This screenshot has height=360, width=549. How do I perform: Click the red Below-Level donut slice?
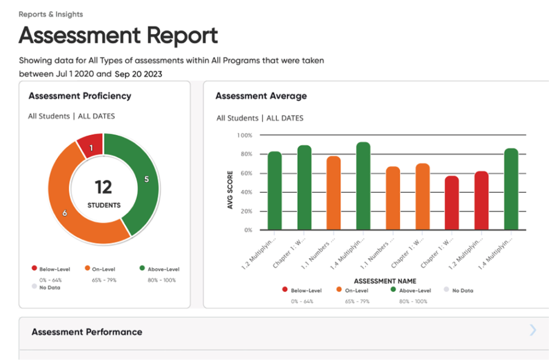click(x=91, y=146)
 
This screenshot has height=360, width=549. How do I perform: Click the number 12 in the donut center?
click(x=104, y=187)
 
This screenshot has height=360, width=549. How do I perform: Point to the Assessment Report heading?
click(x=118, y=35)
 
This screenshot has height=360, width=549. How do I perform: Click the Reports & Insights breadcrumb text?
click(x=51, y=14)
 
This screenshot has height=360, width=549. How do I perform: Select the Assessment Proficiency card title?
click(x=79, y=96)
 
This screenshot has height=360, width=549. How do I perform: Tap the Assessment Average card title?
click(x=261, y=96)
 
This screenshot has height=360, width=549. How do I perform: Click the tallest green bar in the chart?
click(x=363, y=186)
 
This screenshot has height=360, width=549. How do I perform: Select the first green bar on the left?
click(x=274, y=191)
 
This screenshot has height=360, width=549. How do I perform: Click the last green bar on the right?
click(x=511, y=189)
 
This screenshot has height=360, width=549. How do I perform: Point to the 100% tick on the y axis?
click(x=244, y=135)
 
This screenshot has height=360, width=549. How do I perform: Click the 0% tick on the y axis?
click(x=248, y=230)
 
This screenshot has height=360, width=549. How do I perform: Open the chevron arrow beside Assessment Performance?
click(x=533, y=330)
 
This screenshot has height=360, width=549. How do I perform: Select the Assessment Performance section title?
click(x=87, y=332)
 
